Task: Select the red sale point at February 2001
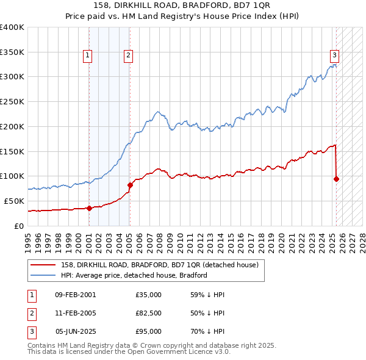[x=89, y=208]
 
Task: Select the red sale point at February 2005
[x=130, y=185]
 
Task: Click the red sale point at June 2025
[x=336, y=179]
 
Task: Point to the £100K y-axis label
[x=12, y=176]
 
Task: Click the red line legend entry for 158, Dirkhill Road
[x=146, y=265]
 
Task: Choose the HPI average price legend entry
[x=134, y=275]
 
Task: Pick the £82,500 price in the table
[x=149, y=313]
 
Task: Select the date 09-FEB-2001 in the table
[x=75, y=295]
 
